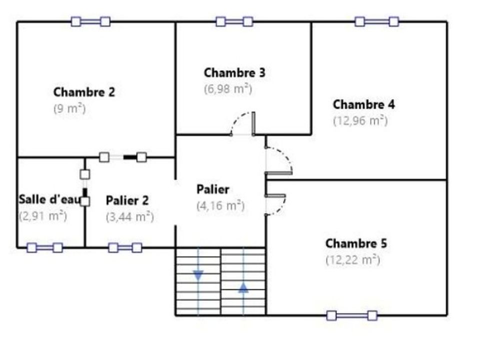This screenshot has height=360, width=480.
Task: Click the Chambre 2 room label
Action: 84,92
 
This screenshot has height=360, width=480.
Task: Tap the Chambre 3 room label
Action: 234,73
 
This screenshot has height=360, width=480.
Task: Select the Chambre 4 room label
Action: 363,104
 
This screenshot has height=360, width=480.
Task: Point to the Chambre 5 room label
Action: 356,243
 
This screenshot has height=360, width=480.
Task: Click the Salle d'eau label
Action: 50,199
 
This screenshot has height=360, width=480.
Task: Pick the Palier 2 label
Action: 127,201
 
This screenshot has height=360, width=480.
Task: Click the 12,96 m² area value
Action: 360,120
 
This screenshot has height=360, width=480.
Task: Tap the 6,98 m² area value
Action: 228,89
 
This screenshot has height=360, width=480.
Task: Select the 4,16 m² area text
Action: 220,205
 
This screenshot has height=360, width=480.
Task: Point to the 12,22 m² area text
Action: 352,260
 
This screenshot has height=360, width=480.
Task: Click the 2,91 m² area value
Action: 43,216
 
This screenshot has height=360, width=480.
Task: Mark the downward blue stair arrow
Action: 198,275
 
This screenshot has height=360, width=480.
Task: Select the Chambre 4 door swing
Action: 288,157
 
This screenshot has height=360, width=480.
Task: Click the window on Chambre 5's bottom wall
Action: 351,315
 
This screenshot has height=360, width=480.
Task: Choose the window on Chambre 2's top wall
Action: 90,21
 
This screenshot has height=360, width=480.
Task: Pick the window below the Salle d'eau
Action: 44,247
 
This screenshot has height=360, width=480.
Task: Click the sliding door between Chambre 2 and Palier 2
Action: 123,157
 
